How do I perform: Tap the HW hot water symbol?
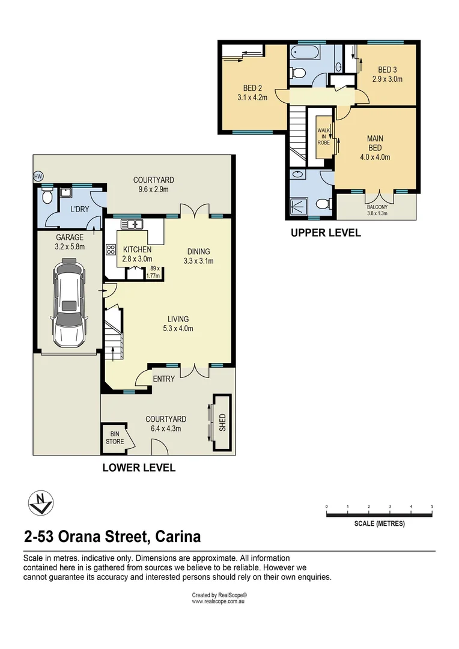click(38, 177)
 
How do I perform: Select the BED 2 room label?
click(252, 91)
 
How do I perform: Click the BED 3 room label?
click(386, 74)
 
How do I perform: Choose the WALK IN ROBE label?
click(324, 135)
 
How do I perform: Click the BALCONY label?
click(377, 207)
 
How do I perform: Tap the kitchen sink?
click(132, 225)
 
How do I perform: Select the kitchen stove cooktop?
click(111, 250)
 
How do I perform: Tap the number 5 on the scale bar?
click(432, 507)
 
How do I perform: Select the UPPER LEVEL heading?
click(326, 233)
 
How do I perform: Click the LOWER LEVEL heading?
click(139, 468)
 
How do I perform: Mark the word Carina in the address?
click(178, 536)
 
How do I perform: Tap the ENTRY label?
click(163, 379)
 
